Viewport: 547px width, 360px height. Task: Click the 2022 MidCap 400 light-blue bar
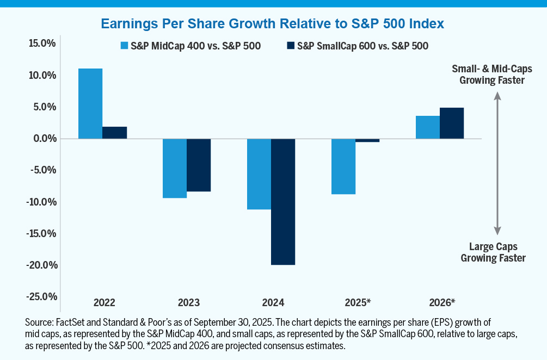[90, 103]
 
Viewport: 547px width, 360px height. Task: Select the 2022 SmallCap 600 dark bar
[114, 133]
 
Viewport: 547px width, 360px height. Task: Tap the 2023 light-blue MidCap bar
[175, 168]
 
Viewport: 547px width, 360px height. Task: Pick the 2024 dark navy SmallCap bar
[283, 201]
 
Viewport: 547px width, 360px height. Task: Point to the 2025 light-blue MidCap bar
[343, 166]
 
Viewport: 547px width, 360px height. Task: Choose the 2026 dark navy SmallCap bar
[452, 123]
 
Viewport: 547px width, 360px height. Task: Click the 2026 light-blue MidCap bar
[428, 127]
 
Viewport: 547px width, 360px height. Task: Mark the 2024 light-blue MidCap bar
[259, 174]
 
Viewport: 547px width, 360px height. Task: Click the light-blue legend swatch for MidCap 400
[124, 46]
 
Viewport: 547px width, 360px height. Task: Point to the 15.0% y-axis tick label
[42, 44]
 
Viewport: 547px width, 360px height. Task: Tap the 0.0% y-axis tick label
[44, 139]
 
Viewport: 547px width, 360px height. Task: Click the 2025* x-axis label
[358, 302]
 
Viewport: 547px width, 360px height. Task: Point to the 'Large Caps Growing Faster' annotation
[493, 252]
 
